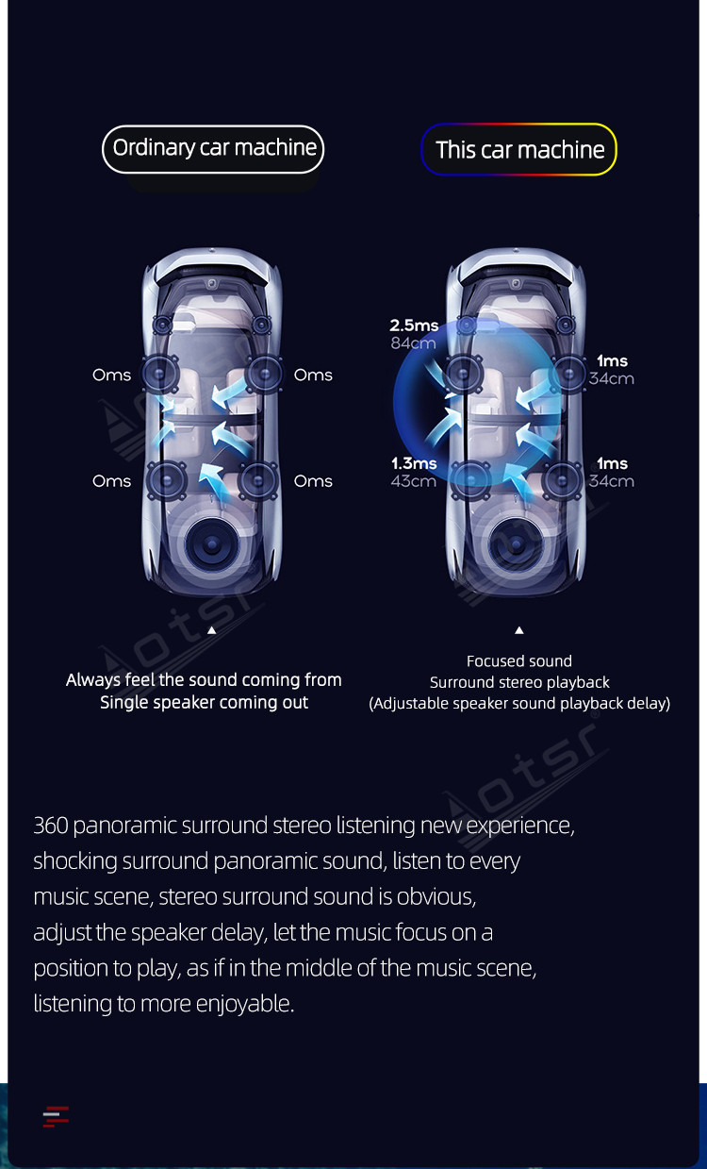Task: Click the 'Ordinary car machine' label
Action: click(x=213, y=149)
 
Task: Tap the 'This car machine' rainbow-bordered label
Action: click(x=518, y=149)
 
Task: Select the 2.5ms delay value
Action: click(x=414, y=326)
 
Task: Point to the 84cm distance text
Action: click(x=413, y=342)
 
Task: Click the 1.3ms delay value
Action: click(x=414, y=463)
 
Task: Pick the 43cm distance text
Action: click(x=414, y=480)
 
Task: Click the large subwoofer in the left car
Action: click(x=211, y=544)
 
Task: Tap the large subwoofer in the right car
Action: click(x=515, y=544)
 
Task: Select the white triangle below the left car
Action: click(x=212, y=630)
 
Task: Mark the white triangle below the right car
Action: click(x=519, y=630)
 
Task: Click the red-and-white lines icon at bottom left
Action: click(x=56, y=1116)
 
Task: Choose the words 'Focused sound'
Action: click(x=519, y=661)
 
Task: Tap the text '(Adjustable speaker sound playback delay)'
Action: click(x=519, y=704)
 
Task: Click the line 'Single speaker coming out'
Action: click(x=204, y=703)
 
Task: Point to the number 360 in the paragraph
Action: click(x=51, y=825)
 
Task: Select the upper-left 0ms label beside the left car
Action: click(x=111, y=375)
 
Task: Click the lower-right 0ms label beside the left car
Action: click(x=313, y=480)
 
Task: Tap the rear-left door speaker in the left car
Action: click(x=166, y=480)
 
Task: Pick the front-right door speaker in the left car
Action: click(x=264, y=374)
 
